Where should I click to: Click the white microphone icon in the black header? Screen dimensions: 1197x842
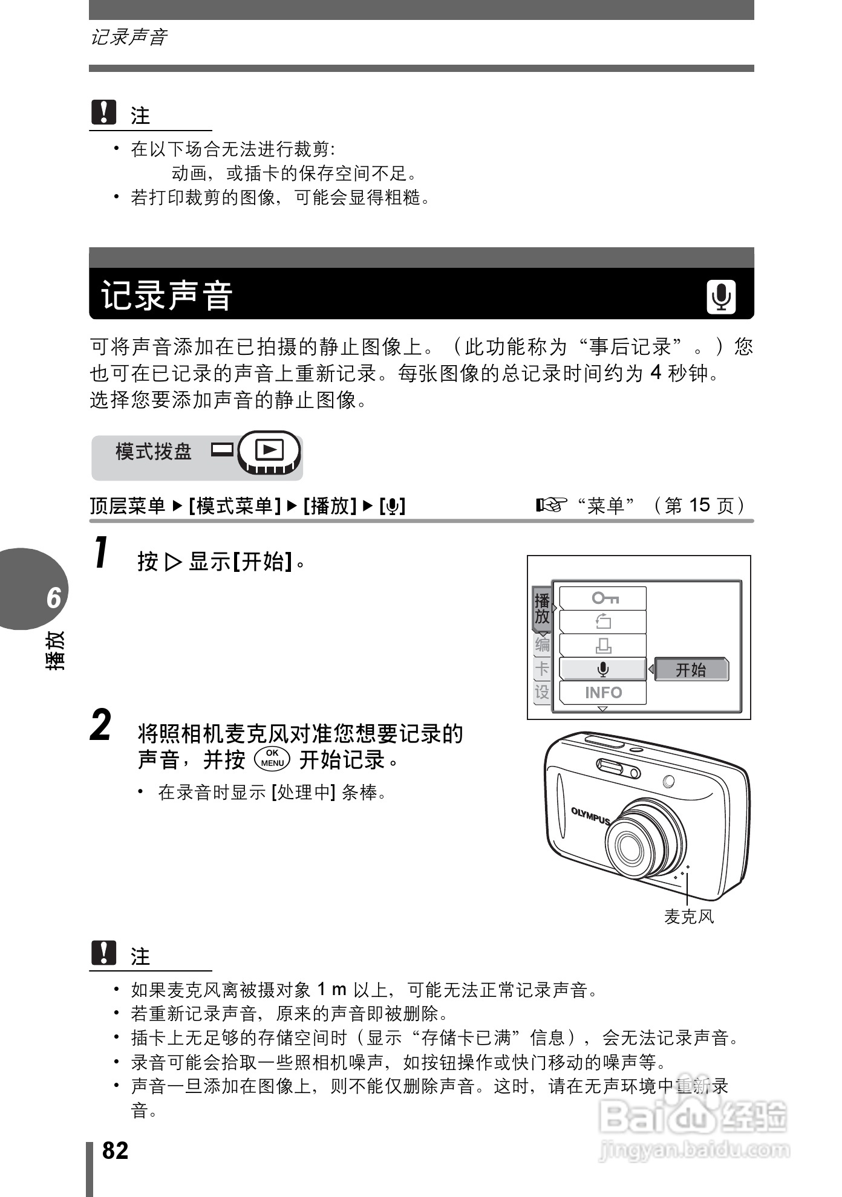click(x=721, y=297)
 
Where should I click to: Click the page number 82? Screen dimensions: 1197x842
click(x=116, y=1150)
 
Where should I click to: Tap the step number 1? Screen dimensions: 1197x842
click(x=102, y=553)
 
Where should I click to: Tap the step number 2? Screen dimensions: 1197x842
click(x=101, y=725)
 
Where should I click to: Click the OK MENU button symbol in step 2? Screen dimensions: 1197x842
click(x=272, y=759)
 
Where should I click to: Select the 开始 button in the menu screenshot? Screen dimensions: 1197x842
click(x=691, y=669)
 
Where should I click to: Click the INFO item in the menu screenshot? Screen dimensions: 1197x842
click(x=603, y=693)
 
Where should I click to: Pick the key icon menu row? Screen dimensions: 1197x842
click(x=603, y=598)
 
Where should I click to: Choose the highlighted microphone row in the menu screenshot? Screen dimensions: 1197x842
click(x=603, y=669)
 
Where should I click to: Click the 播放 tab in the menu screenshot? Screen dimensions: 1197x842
click(x=542, y=609)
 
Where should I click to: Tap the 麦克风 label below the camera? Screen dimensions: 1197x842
click(x=689, y=917)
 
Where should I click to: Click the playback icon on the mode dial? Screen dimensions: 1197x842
click(x=269, y=450)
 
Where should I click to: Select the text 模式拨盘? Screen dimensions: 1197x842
click(x=154, y=452)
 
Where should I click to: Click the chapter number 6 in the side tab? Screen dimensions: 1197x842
click(x=54, y=598)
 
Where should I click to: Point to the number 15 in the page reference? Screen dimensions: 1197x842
click(x=699, y=505)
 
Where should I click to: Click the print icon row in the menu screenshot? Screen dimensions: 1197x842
click(x=603, y=646)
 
